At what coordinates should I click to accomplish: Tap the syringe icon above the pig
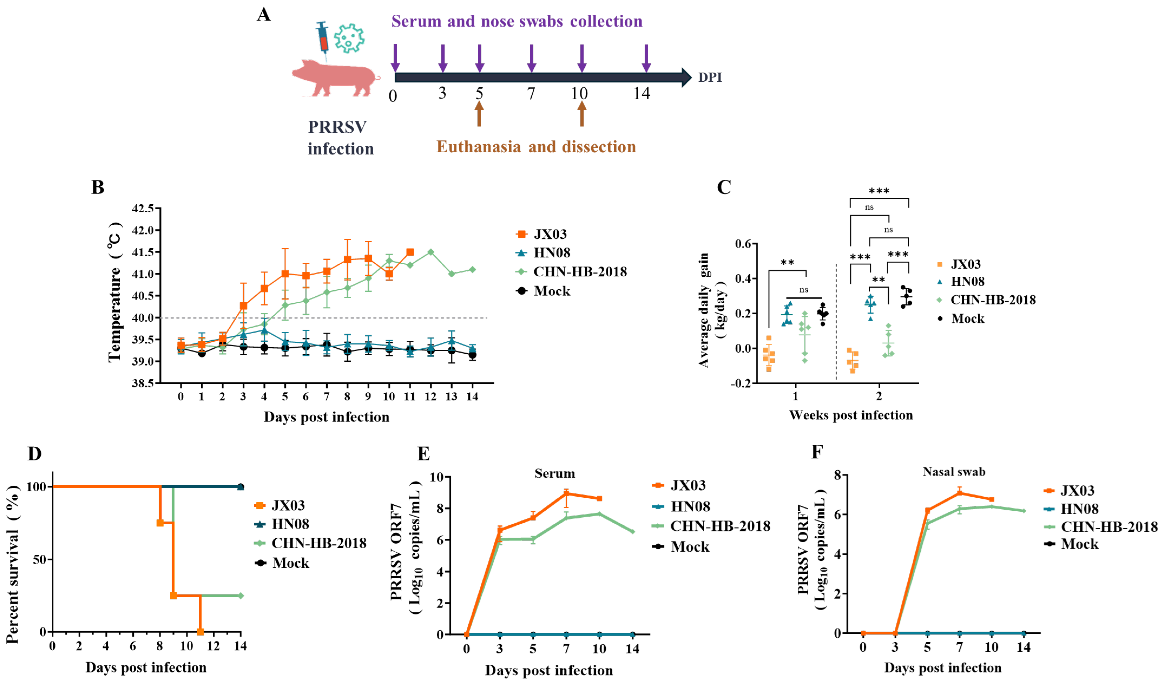click(322, 38)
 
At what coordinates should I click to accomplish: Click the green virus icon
click(349, 38)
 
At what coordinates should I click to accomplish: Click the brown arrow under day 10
click(582, 113)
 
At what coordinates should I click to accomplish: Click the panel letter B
click(98, 187)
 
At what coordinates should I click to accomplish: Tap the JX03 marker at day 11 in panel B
click(409, 252)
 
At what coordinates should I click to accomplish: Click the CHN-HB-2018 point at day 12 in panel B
click(431, 252)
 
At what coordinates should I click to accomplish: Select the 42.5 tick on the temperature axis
click(143, 208)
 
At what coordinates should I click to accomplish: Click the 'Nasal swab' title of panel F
click(954, 471)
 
